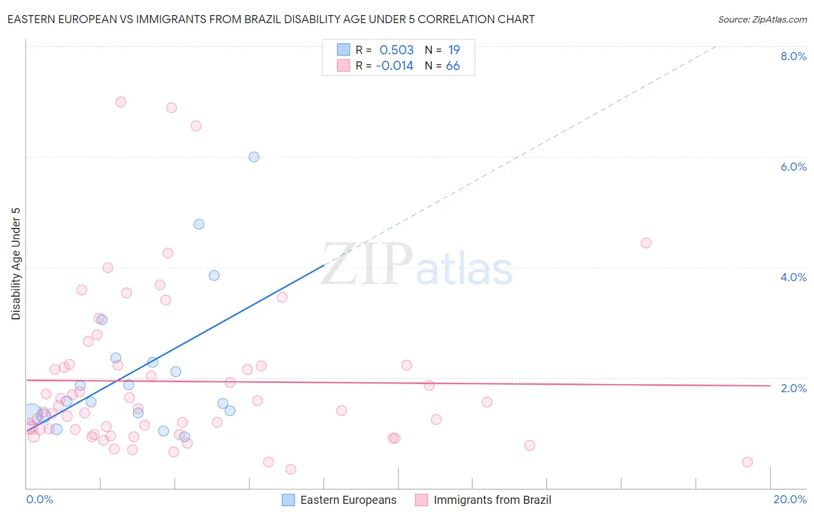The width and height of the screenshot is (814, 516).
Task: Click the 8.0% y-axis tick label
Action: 793,56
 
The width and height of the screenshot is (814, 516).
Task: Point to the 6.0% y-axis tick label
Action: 793,167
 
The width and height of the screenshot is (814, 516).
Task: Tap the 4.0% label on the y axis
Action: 793,277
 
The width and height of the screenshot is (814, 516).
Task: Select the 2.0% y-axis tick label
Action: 793,388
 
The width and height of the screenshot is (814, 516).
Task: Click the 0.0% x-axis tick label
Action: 39,499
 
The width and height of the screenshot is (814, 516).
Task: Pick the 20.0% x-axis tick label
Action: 790,499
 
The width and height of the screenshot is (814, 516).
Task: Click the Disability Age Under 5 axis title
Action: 16,264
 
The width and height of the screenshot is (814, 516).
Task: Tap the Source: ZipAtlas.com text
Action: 762,19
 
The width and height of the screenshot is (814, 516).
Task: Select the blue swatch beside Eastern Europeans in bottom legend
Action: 288,500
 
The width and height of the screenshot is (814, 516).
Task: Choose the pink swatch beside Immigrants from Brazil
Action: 421,500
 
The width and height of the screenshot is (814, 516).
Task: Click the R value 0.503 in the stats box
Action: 397,50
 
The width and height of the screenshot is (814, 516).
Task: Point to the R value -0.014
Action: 394,65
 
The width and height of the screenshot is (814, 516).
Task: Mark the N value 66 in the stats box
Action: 453,65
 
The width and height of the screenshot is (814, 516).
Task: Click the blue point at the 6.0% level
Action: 254,157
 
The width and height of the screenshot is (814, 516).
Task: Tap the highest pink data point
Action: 120,102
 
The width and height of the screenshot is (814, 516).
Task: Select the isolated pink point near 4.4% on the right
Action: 646,243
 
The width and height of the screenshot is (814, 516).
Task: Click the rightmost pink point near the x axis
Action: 747,462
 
